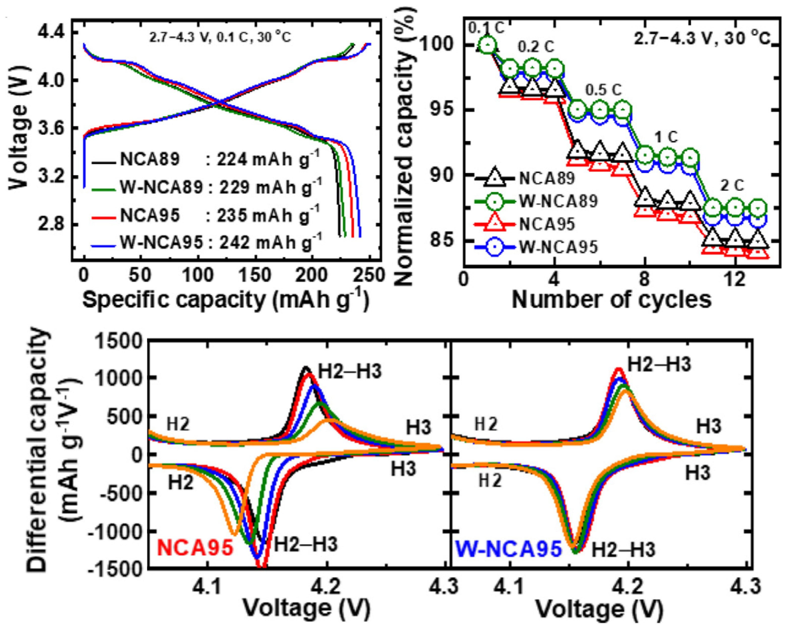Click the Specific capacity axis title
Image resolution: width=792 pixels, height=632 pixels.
225,300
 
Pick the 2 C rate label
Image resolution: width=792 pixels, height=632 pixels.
732,186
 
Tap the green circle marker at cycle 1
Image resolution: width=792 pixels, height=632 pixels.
487,45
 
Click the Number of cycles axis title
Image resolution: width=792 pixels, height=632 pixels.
611,300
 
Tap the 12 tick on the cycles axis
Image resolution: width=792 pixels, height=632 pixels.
735,280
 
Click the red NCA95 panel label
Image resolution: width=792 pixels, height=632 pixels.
195,548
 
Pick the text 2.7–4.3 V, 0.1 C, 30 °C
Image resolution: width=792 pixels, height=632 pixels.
220,38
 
